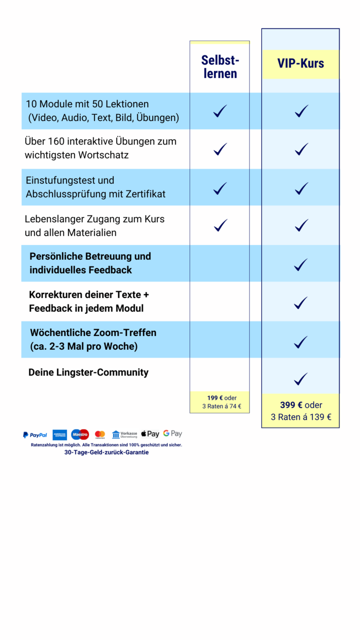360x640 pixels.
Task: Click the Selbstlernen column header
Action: (x=220, y=67)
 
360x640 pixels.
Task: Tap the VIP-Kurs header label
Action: (x=301, y=63)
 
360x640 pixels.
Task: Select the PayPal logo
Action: (x=35, y=435)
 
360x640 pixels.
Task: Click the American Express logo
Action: (x=60, y=435)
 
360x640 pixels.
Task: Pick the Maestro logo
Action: (x=80, y=435)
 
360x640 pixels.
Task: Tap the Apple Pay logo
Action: (x=150, y=434)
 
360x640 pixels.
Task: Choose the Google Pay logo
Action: (x=173, y=434)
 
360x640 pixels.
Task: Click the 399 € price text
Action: (x=291, y=405)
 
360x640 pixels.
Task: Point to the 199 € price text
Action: (x=215, y=398)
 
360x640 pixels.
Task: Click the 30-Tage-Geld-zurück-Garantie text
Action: (x=106, y=452)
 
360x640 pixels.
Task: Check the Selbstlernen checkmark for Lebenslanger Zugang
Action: (x=220, y=225)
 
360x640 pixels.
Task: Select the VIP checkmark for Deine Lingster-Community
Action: (x=301, y=379)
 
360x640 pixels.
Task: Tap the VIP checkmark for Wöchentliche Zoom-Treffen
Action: (x=301, y=342)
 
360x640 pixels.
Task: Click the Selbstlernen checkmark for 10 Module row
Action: (x=220, y=111)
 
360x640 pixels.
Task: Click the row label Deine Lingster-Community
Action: (x=88, y=372)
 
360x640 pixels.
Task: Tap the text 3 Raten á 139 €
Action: (x=301, y=417)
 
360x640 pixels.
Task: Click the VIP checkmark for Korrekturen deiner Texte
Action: (x=301, y=303)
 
